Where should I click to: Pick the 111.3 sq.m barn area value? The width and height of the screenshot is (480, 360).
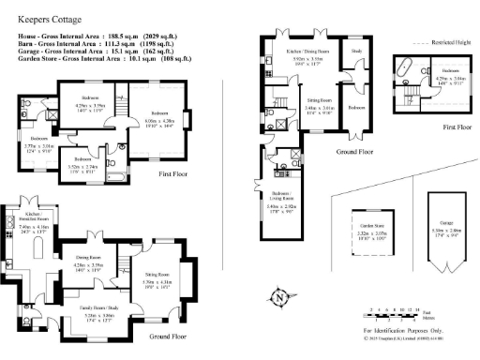pyautogui.click(x=144, y=42)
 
